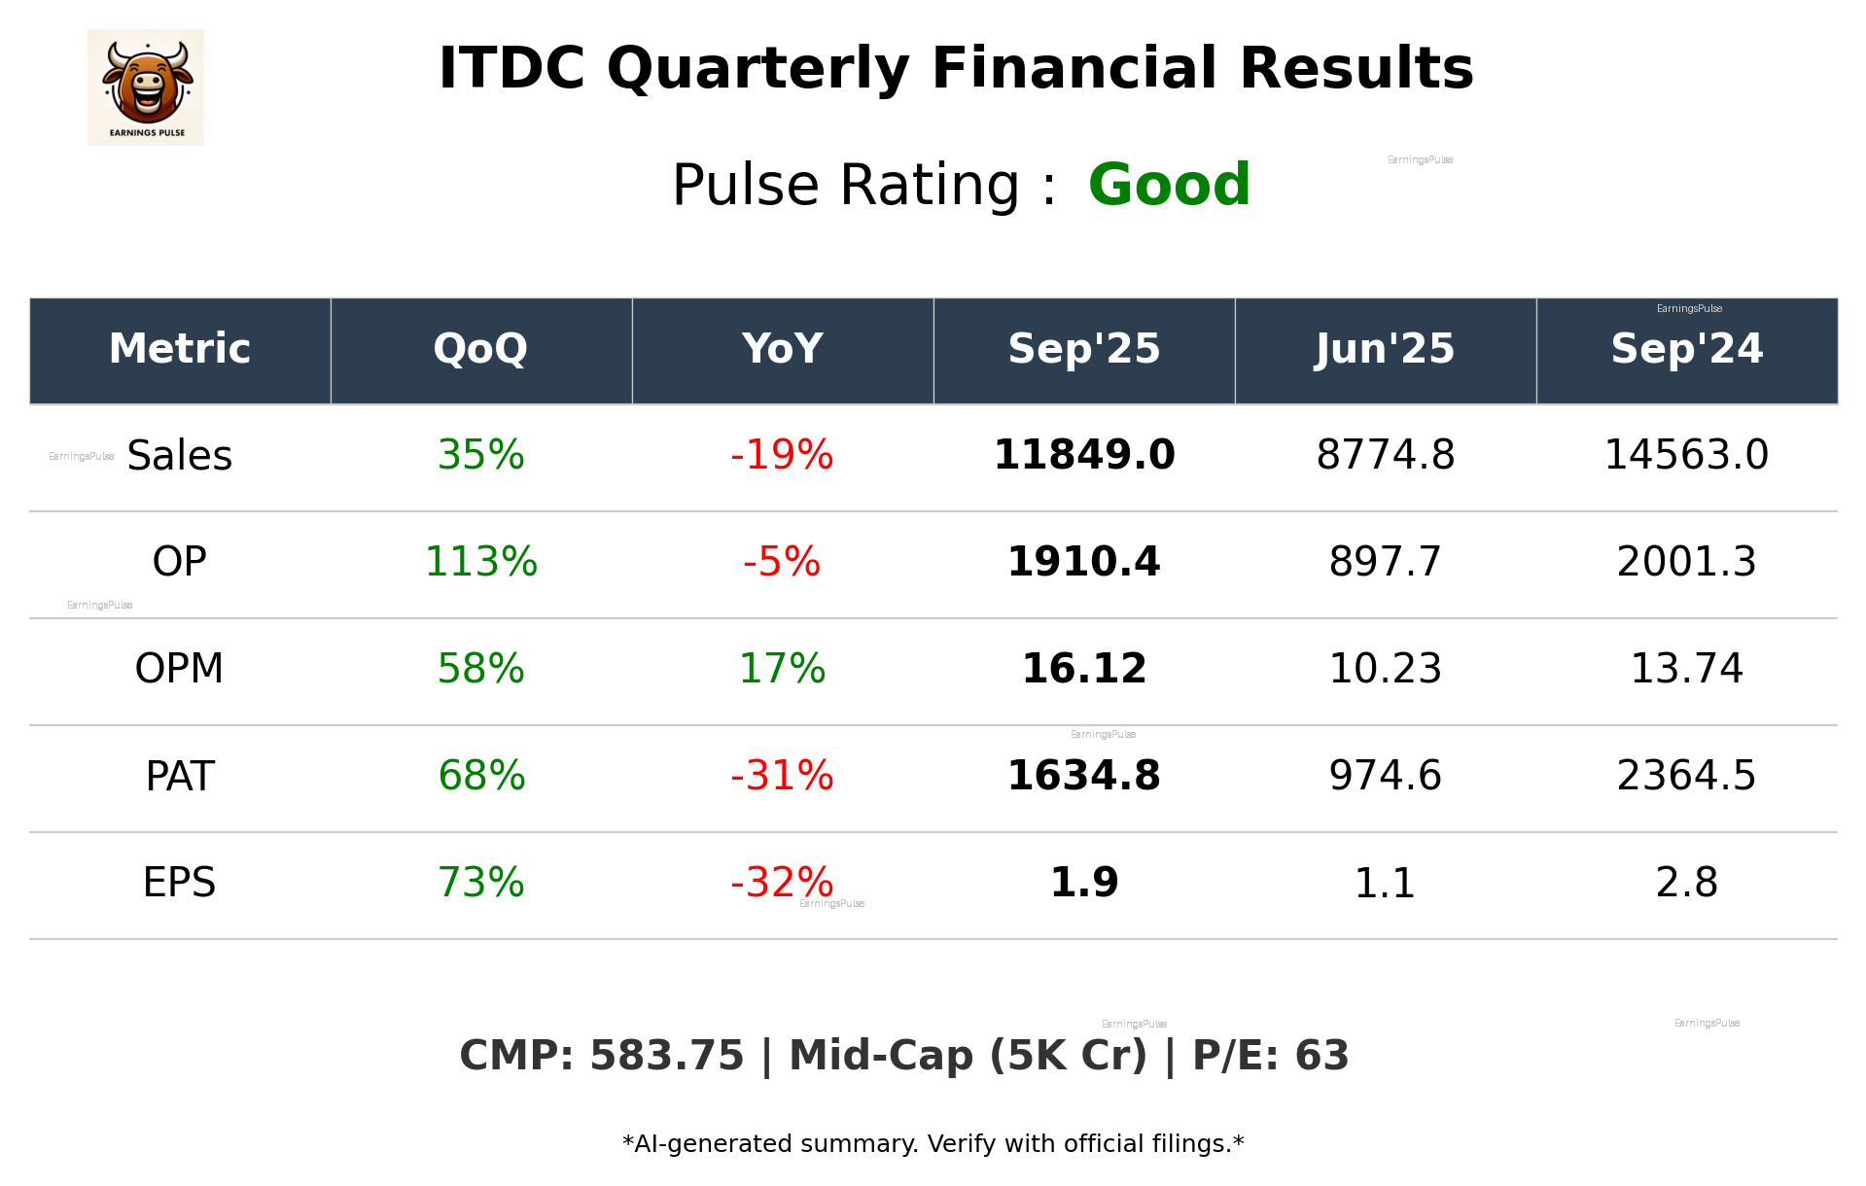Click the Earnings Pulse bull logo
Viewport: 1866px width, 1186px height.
pos(146,87)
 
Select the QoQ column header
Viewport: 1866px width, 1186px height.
pos(480,349)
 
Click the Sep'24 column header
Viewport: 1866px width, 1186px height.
pos(1686,349)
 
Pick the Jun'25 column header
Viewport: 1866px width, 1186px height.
pos(1385,349)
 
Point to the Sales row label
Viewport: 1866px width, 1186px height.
pos(180,456)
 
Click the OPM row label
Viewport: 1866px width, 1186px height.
pos(179,669)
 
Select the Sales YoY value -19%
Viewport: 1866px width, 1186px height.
pos(782,455)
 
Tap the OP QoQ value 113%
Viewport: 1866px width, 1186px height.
pos(480,562)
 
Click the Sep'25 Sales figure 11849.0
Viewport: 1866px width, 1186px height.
pos(1083,455)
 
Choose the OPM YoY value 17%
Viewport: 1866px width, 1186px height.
pos(782,669)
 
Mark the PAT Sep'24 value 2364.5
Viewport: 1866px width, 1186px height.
pos(1686,776)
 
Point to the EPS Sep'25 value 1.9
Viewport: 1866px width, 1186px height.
pos(1083,883)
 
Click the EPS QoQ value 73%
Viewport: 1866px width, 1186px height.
pos(480,883)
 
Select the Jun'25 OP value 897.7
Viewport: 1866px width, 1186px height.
pos(1385,562)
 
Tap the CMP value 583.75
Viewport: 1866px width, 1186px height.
pos(666,1056)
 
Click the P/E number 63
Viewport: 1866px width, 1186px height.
pos(1322,1056)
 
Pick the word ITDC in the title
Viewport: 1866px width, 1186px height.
pos(511,69)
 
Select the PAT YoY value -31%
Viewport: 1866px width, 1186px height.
pos(782,776)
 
